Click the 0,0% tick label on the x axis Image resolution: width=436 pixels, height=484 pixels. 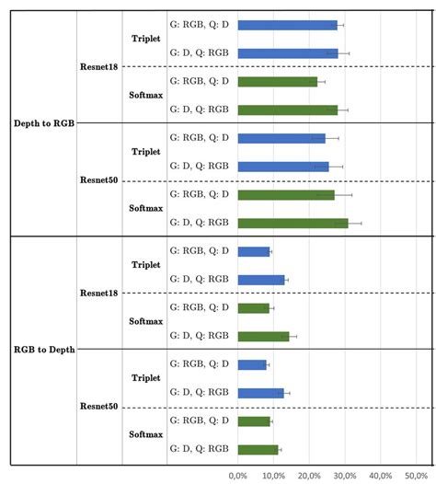(x=237, y=475)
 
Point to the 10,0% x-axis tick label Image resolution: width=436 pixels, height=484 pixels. (x=273, y=475)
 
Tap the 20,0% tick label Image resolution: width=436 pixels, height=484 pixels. (x=309, y=475)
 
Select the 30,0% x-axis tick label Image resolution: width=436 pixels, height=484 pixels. (x=345, y=475)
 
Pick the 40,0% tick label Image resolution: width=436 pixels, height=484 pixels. (x=380, y=475)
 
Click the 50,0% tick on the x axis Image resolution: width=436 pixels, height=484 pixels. (x=416, y=475)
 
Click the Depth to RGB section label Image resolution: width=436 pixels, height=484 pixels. (x=43, y=123)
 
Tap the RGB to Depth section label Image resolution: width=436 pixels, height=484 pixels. (x=44, y=350)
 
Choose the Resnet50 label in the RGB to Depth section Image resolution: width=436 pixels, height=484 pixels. (x=100, y=406)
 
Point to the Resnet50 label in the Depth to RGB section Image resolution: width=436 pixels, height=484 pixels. (x=100, y=179)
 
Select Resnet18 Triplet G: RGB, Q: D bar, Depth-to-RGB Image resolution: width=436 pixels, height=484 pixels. (x=287, y=25)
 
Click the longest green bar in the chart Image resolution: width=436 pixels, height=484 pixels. (x=293, y=223)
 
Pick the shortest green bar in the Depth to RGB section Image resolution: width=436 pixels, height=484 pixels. (x=277, y=82)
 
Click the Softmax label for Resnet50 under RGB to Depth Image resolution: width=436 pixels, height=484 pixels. (x=145, y=434)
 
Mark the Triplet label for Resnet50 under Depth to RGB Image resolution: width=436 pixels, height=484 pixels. (x=146, y=152)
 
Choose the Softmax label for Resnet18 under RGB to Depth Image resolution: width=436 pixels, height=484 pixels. (x=145, y=321)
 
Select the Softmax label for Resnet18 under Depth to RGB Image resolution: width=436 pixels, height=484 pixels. (x=145, y=96)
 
